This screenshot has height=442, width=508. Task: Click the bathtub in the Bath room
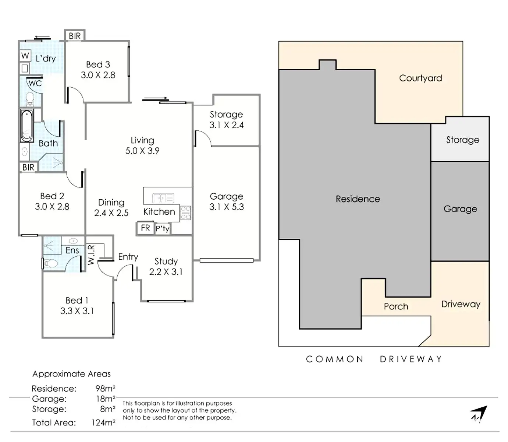tap(27, 126)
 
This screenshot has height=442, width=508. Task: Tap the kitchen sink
tap(163, 198)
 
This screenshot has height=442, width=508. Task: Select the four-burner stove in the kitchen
tap(185, 213)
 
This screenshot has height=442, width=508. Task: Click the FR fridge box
tap(145, 228)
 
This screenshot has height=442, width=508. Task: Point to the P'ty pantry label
tap(163, 228)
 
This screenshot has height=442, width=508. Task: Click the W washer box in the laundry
tap(25, 56)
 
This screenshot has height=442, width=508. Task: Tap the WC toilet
tap(30, 99)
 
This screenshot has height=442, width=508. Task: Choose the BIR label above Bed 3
tap(75, 36)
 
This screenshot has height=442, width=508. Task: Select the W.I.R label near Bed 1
tap(91, 255)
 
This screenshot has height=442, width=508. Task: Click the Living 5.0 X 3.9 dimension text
tap(142, 151)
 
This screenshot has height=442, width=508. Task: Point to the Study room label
tap(166, 261)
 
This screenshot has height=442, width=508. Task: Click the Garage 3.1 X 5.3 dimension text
tap(227, 207)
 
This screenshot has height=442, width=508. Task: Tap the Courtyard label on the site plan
tap(420, 78)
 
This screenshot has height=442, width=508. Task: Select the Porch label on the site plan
tap(396, 306)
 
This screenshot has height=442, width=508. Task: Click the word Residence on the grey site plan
tap(358, 199)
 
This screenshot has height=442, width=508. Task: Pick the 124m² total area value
tap(103, 422)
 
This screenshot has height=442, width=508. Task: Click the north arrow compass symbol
tap(479, 414)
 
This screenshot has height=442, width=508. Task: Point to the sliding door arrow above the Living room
tap(155, 99)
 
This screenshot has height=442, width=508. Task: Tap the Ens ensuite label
tap(72, 250)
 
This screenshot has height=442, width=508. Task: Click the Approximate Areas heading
tap(71, 374)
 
